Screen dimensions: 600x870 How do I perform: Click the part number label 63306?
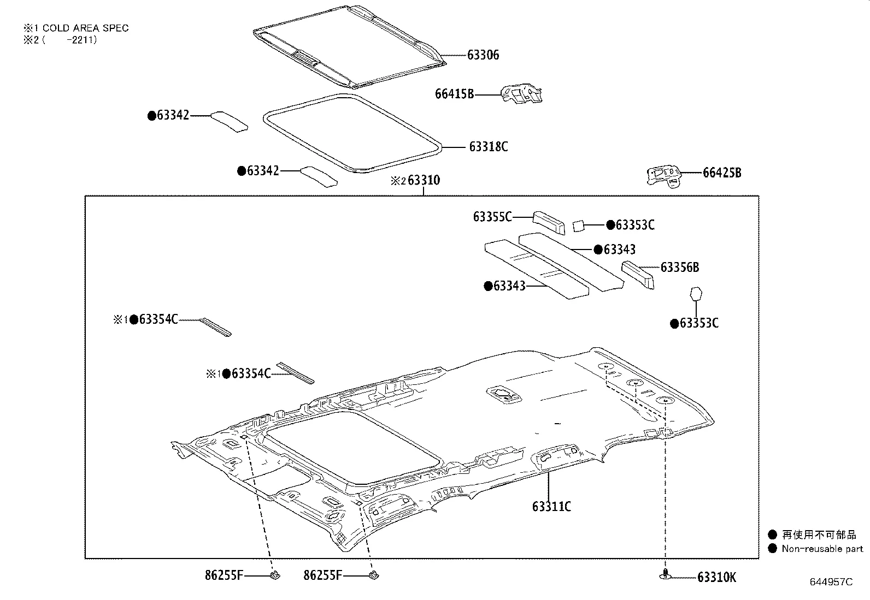tap(483, 55)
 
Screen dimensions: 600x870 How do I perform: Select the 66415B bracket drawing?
tap(522, 93)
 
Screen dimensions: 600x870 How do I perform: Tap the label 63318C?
tap(488, 147)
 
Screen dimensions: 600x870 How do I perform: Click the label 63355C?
tap(492, 217)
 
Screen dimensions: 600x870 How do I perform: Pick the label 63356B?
tap(679, 268)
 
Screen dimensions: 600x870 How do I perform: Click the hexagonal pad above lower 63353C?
tap(696, 294)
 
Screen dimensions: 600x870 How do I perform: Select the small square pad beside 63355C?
tap(579, 225)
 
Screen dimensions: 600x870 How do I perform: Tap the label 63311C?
tap(551, 507)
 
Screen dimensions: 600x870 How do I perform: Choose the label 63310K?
tap(716, 578)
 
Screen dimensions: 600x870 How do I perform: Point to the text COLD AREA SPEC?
tap(85, 28)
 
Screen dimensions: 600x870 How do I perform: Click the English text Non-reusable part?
tap(822, 549)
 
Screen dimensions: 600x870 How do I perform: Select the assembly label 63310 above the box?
tap(424, 181)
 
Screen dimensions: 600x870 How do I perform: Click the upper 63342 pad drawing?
tap(230, 121)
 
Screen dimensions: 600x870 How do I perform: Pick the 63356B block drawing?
tap(638, 274)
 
